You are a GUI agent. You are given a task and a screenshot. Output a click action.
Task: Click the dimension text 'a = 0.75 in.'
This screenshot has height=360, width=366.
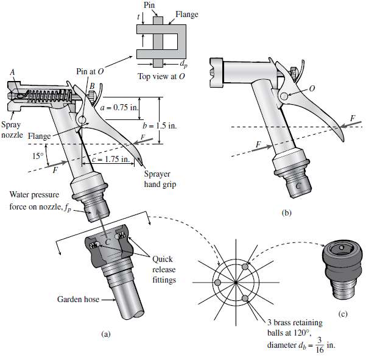pyautogui.click(x=122, y=104)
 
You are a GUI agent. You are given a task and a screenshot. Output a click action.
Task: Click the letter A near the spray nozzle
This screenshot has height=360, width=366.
pyautogui.click(x=12, y=72)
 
